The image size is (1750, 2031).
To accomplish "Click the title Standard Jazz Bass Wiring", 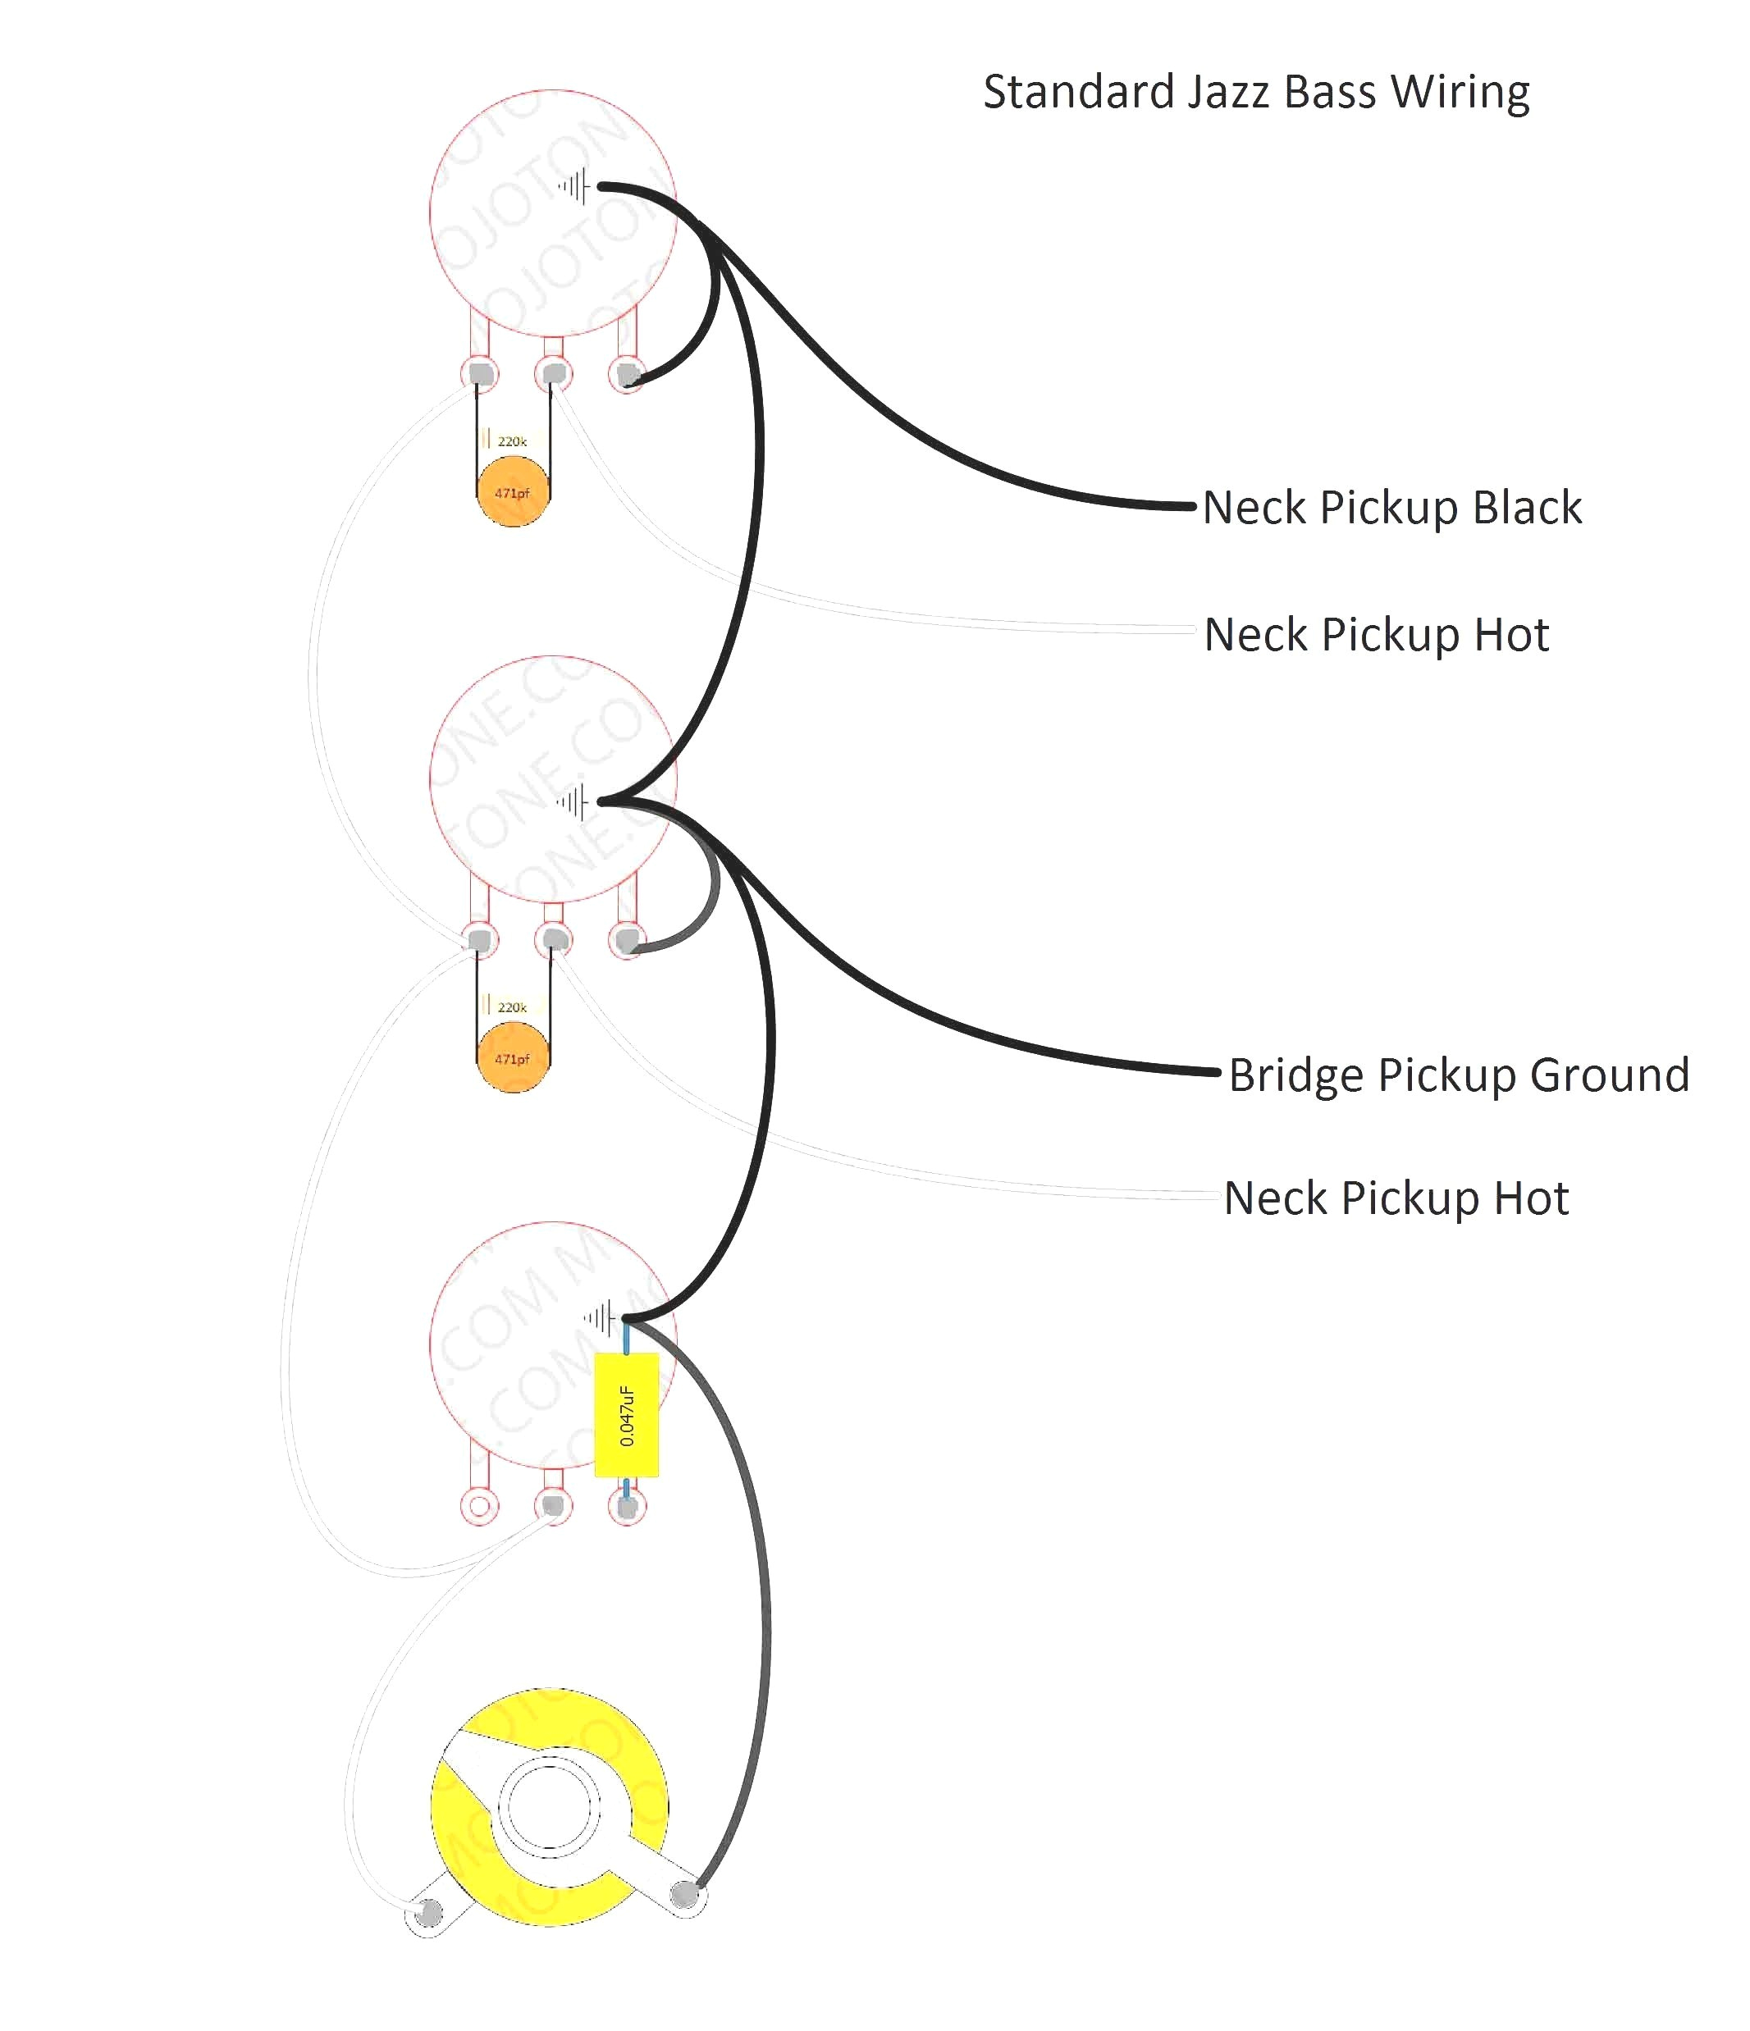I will click(x=1256, y=92).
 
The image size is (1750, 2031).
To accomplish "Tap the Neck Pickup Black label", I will click(x=1392, y=508).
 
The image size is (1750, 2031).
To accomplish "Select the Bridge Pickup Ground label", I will click(x=1459, y=1075).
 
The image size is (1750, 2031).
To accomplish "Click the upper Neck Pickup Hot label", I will click(x=1377, y=635).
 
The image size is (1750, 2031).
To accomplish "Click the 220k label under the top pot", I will click(x=512, y=442).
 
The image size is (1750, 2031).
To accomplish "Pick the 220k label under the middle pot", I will click(x=512, y=1007).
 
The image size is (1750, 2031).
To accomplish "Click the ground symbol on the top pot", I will click(x=575, y=186).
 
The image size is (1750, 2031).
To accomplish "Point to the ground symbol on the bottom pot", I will click(x=600, y=1317).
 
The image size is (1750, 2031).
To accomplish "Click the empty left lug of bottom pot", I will click(x=479, y=1505).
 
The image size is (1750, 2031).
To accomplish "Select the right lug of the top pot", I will click(x=628, y=374).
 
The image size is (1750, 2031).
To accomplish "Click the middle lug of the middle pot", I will click(x=554, y=940).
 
